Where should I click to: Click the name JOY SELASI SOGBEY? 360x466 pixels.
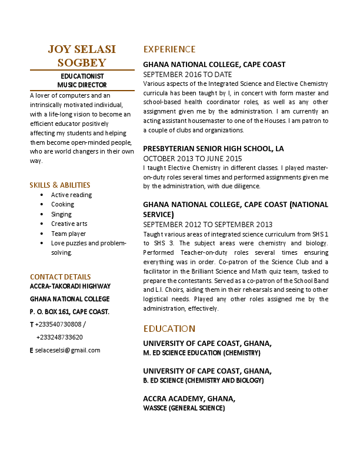tap(82, 55)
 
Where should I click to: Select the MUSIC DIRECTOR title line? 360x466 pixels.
tap(82, 85)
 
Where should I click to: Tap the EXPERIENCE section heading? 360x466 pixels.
tap(169, 49)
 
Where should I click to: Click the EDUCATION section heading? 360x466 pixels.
tap(169, 328)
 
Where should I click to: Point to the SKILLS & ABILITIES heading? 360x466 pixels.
tap(60, 185)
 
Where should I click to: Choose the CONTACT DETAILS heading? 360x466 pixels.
tap(60, 277)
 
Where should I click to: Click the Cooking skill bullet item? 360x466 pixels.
tap(62, 205)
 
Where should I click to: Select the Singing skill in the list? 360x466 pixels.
tap(61, 214)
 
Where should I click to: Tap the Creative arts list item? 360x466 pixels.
tap(69, 224)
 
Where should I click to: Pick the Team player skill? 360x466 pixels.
tap(68, 234)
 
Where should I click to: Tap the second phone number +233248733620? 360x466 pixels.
tap(59, 337)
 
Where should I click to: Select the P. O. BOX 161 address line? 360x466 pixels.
tap(69, 311)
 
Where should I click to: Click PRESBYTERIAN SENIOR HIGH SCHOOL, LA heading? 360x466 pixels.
tap(214, 148)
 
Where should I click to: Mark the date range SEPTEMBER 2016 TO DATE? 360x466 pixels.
tap(188, 75)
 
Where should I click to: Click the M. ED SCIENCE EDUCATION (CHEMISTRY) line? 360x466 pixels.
tap(202, 353)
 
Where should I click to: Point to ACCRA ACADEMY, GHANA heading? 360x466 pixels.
tap(189, 398)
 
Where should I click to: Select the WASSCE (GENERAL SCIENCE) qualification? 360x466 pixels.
tap(184, 408)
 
